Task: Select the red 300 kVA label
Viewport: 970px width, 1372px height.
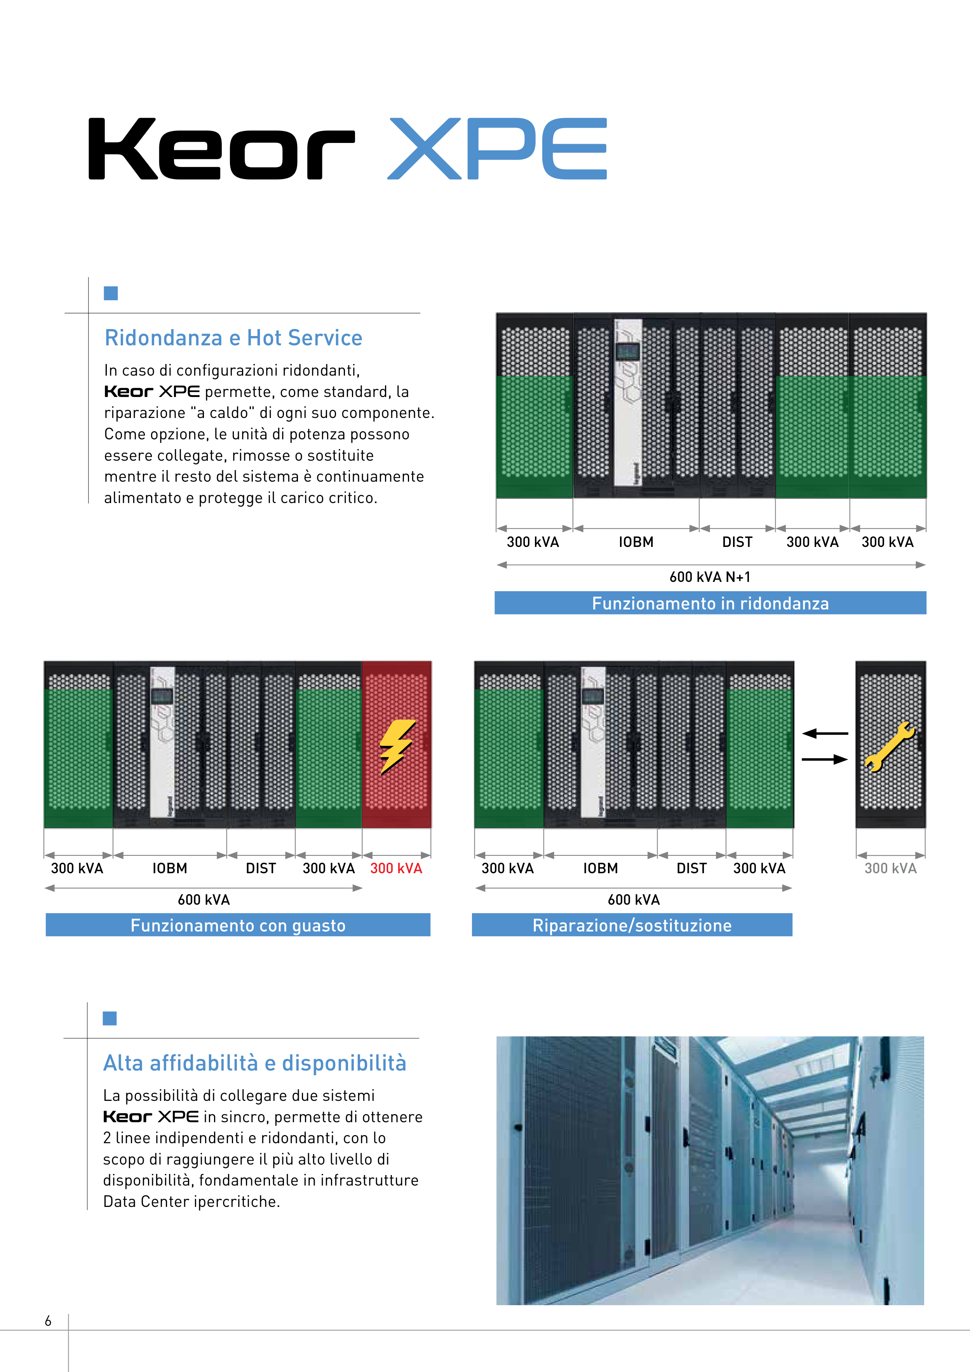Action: [x=396, y=868]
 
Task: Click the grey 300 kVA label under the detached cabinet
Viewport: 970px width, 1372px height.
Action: [x=890, y=868]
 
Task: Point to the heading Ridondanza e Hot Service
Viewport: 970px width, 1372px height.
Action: [x=233, y=338]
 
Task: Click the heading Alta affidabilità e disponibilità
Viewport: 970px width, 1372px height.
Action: [x=254, y=1063]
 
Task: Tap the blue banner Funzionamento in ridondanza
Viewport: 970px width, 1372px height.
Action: [x=710, y=603]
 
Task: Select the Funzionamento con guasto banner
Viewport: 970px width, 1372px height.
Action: [x=238, y=925]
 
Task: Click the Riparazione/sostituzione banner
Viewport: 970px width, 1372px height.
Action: [x=632, y=925]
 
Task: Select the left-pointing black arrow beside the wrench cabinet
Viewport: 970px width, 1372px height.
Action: [x=825, y=733]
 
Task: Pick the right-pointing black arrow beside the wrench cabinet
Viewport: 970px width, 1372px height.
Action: [x=825, y=759]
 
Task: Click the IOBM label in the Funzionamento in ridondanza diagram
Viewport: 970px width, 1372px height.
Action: [x=636, y=542]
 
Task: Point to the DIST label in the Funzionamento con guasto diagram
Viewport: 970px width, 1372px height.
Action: [x=261, y=868]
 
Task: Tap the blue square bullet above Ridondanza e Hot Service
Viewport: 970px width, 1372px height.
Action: [x=111, y=293]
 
